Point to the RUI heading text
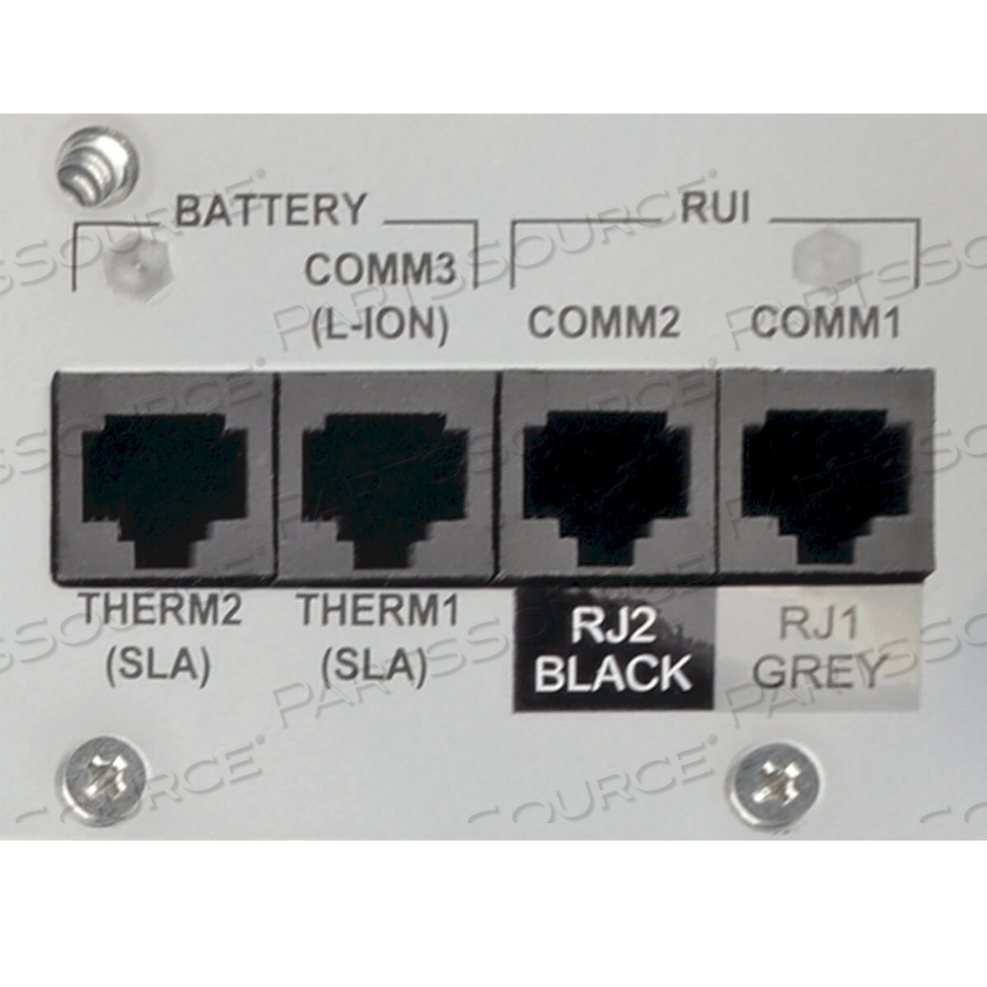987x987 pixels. point(715,209)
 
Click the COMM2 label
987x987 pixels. point(604,322)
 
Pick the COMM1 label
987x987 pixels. point(825,322)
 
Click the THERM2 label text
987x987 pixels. point(160,611)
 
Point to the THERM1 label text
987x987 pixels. point(378,611)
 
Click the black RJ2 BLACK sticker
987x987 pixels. point(613,648)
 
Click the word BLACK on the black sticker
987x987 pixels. point(613,673)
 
